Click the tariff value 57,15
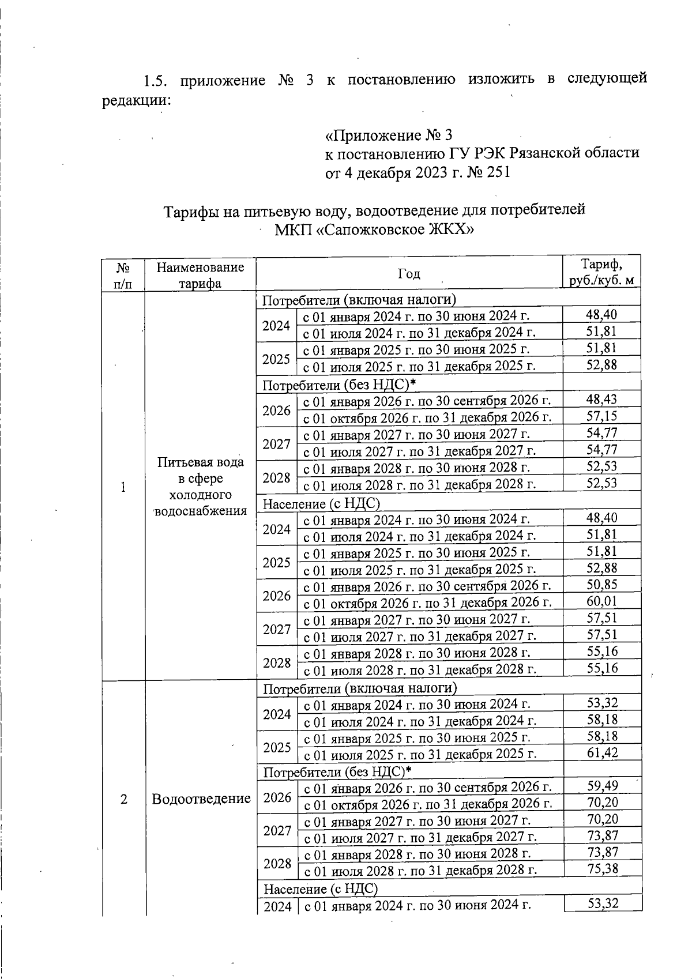(x=601, y=416)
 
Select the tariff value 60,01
(x=601, y=601)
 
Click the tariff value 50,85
(x=601, y=585)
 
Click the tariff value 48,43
(x=601, y=399)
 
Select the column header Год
(x=409, y=273)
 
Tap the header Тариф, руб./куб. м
(x=601, y=272)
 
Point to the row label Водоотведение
(x=201, y=799)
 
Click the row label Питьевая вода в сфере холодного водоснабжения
(x=201, y=486)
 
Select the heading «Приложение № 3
(x=389, y=135)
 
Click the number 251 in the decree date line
(x=498, y=172)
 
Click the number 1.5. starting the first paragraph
(x=157, y=80)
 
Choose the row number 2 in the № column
(x=123, y=799)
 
